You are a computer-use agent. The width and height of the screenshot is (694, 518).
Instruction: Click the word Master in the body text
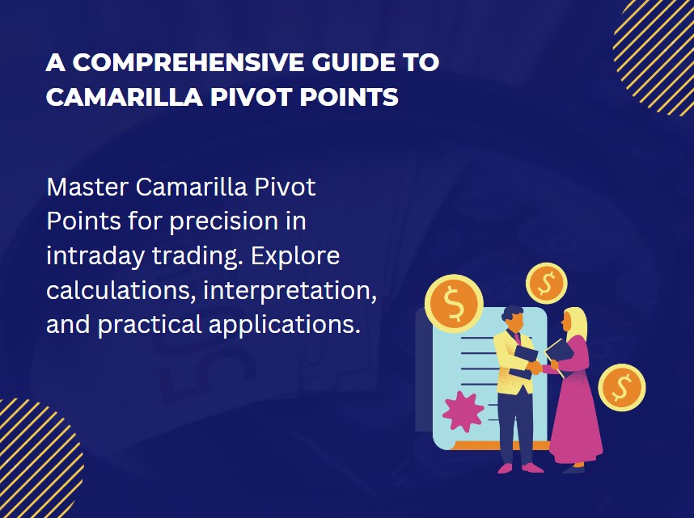(87, 187)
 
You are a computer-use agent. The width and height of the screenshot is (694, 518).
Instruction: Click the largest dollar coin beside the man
(453, 303)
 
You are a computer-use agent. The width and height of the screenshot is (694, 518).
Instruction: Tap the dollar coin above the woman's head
(547, 283)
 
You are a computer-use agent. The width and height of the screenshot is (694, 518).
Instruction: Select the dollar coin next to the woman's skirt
(621, 387)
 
